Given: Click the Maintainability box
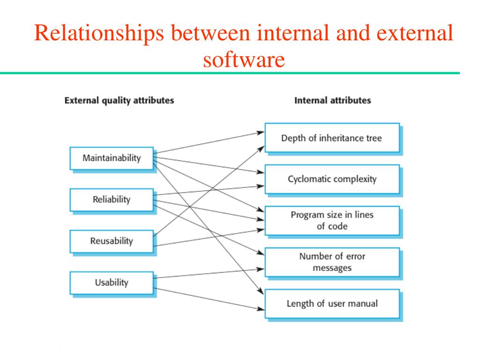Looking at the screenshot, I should point(112,158).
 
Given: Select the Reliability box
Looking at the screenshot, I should point(112,200).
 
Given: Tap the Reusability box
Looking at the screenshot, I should point(112,241).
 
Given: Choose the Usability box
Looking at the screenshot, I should point(112,283).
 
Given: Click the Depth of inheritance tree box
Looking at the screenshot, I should point(331,138).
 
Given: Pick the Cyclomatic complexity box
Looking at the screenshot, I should point(331,179).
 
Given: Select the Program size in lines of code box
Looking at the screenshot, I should point(331,220).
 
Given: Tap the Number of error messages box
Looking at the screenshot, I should point(331,262).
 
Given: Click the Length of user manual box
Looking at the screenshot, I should point(331,303).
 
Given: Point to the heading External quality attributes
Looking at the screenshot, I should point(119,100).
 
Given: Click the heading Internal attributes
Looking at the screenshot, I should point(332,100).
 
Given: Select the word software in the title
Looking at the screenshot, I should point(244,60).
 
